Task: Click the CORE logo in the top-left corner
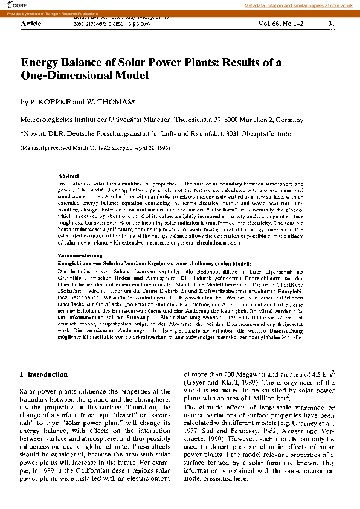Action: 10,5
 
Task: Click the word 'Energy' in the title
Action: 40,62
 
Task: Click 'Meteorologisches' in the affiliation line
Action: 50,120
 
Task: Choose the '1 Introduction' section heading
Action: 43,375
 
